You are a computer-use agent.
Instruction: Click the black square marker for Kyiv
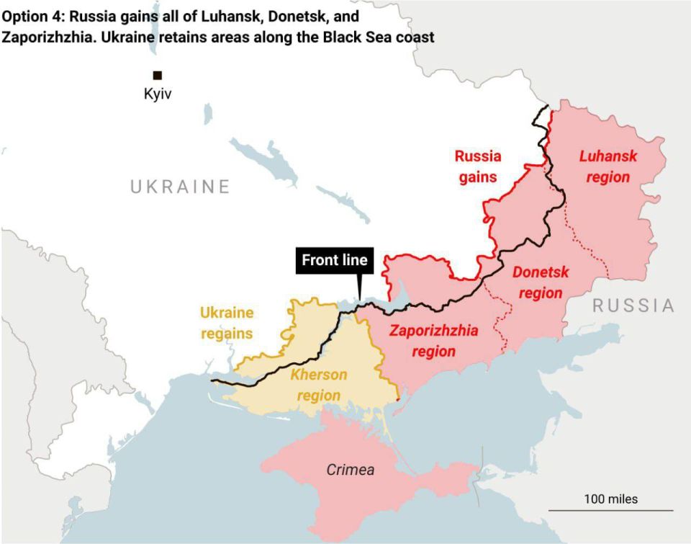coord(157,75)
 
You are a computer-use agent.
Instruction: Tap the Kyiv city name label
coord(158,94)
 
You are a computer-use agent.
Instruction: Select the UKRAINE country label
coord(180,187)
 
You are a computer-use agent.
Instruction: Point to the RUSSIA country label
coord(633,306)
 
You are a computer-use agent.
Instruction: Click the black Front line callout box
coord(335,260)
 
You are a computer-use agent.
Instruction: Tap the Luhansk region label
coord(608,166)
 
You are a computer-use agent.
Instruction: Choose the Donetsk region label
coord(540,282)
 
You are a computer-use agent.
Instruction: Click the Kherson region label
coord(319,385)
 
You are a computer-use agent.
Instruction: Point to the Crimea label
coord(351,470)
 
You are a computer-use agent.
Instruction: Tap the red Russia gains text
coord(478,166)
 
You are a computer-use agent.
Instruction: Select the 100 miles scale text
coord(610,499)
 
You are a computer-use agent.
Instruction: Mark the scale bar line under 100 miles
coord(610,510)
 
